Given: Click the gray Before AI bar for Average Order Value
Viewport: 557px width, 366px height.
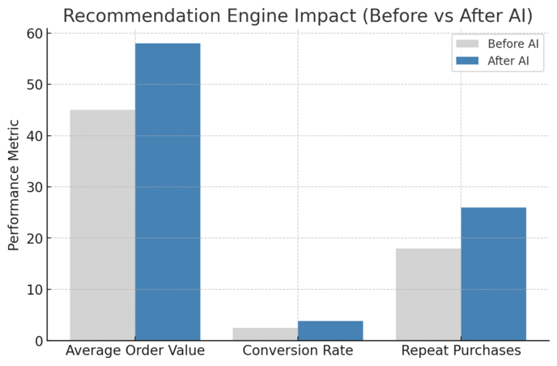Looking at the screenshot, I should [x=102, y=225].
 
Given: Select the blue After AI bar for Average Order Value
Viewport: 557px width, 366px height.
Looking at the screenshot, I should [x=168, y=192].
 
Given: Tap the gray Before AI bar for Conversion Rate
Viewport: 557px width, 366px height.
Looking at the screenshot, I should [x=266, y=334].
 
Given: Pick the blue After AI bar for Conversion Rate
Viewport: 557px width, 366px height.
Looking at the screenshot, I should [x=330, y=330].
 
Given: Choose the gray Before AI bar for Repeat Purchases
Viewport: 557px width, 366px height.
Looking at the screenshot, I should [x=428, y=294].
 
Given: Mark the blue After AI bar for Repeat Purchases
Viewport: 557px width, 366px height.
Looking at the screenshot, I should [x=493, y=274].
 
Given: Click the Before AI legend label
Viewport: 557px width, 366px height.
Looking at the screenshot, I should [x=513, y=44].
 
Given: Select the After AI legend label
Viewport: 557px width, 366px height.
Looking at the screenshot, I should [x=509, y=60].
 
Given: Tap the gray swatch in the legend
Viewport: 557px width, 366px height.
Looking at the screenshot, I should [x=468, y=44].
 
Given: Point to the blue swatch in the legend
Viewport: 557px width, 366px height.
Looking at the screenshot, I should [x=468, y=60].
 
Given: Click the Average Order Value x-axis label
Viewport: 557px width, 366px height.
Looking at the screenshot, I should [x=135, y=351].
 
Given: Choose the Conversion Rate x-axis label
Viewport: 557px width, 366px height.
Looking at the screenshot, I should [x=298, y=351].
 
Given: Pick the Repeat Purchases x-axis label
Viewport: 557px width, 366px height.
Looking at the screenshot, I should [x=461, y=351].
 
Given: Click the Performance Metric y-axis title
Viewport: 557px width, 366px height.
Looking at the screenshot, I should [x=14, y=185].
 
